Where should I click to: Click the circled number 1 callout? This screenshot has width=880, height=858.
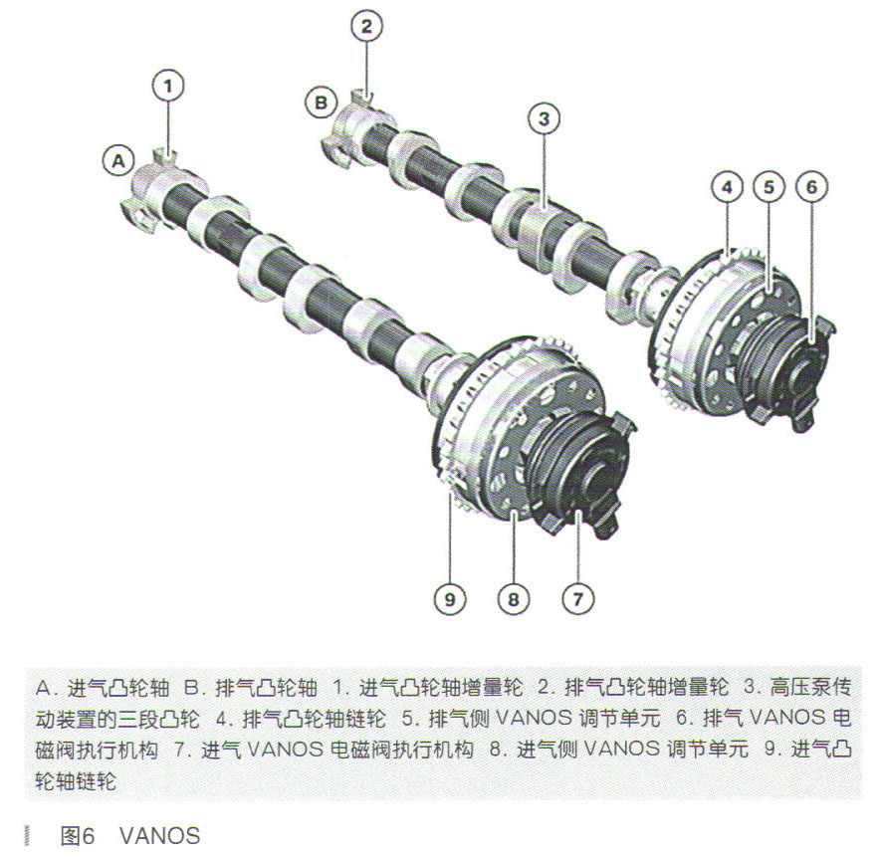pos(168,86)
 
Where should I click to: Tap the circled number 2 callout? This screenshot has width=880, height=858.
pos(366,26)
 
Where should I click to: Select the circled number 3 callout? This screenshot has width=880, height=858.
pos(544,118)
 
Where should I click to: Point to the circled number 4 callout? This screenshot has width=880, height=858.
pos(727,187)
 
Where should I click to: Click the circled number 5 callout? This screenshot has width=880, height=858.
pos(769,187)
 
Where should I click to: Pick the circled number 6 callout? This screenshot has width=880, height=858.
pos(811,187)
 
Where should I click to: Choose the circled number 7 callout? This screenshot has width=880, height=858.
pos(578,599)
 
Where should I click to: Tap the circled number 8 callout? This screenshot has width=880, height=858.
pos(514,599)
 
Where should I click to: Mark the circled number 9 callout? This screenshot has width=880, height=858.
pos(450,599)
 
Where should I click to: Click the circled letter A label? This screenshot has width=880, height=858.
pos(118,161)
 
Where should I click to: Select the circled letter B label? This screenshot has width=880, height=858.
pos(321,103)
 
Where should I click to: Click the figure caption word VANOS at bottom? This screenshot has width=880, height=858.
pos(160,836)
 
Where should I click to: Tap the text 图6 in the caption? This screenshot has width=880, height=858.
pos(78,836)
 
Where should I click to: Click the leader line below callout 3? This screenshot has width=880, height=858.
pos(545,172)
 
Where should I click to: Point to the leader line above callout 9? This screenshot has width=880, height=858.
pos(450,538)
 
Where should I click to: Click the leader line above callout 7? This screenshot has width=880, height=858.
pos(578,547)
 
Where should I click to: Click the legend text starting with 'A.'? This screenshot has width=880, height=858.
pos(102,688)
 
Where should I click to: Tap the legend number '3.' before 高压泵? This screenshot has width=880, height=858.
pos(752,688)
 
